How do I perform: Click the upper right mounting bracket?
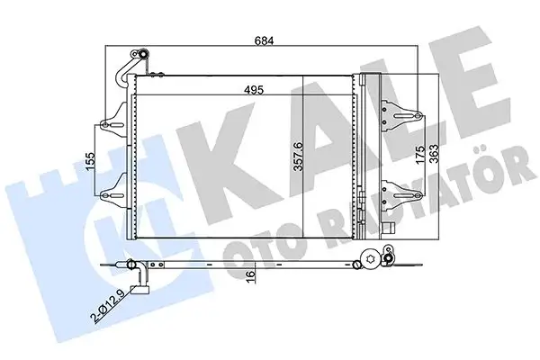(400, 115)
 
